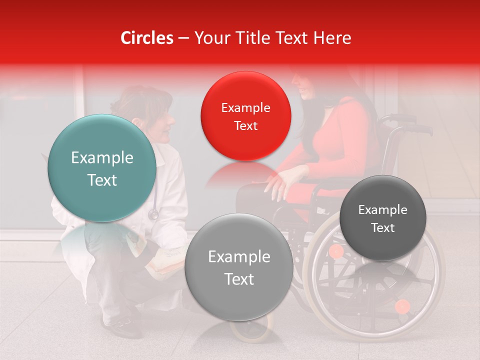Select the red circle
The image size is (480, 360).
pos(245,116)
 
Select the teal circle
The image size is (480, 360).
pos(102,168)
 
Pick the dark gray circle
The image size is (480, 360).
pos(383,218)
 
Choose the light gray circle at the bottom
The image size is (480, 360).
pos(239,267)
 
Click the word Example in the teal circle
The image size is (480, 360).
pos(102,158)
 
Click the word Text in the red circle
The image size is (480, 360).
pos(245,126)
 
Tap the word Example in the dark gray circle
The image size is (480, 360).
pos(383,210)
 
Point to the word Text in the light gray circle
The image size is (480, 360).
pos(239,279)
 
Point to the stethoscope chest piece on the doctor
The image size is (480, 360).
pos(153,214)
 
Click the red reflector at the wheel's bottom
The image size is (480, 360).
pos(402,306)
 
